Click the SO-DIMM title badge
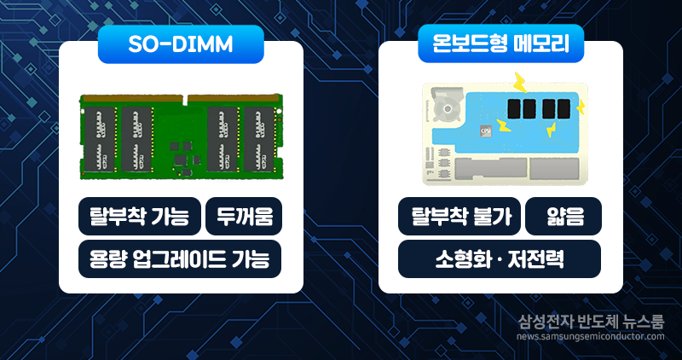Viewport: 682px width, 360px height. coord(179,44)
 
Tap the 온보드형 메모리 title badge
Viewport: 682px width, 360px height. coord(500,44)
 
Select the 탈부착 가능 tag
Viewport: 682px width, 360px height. coord(139,217)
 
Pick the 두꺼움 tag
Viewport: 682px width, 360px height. coord(244,217)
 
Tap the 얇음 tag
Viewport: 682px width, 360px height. coord(564,217)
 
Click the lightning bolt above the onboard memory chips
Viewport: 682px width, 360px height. coord(518,82)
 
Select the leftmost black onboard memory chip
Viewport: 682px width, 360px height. coord(512,109)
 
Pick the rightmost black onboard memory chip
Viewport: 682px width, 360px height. coord(562,109)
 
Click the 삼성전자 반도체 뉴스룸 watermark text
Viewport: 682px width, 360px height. coord(591,322)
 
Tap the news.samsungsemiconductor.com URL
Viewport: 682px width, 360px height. coord(590,336)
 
